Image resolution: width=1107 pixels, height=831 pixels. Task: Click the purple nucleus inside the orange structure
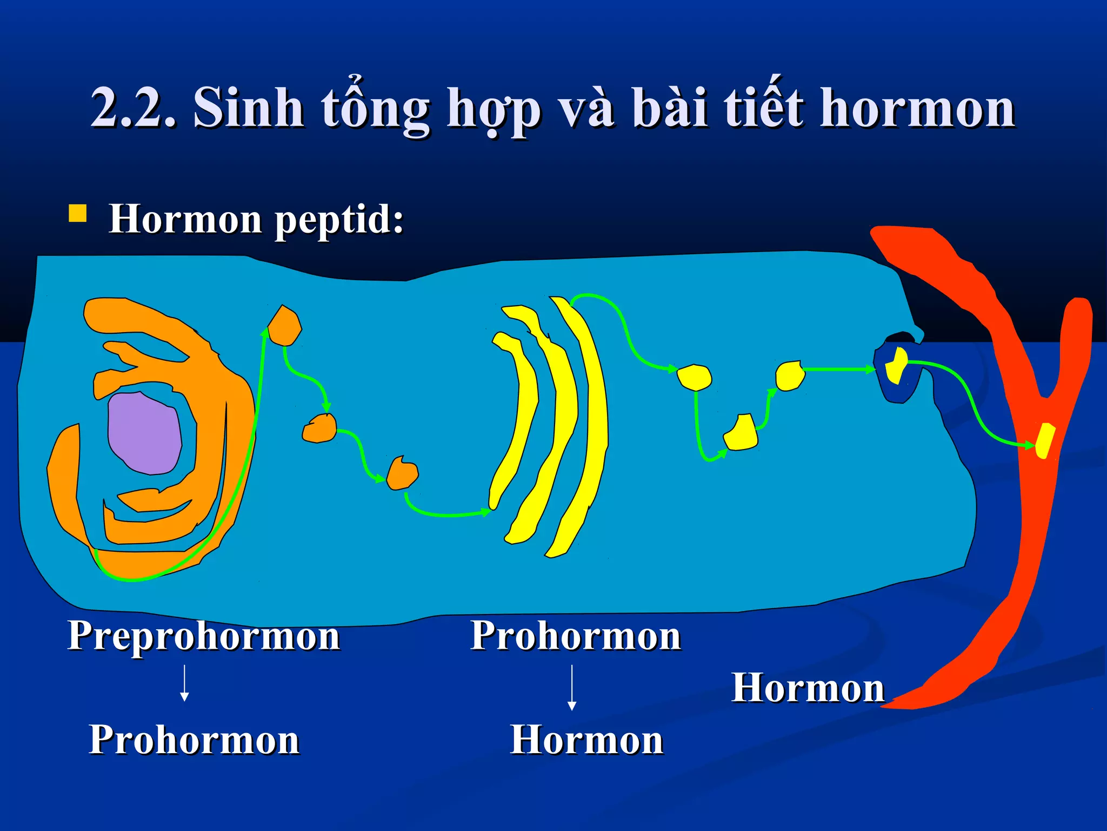[144, 433]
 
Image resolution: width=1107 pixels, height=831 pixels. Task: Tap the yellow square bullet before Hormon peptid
[78, 214]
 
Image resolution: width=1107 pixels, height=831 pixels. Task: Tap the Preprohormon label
[204, 636]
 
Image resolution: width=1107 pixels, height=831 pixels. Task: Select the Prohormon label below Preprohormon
[194, 740]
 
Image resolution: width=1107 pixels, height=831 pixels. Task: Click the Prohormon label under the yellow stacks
[576, 636]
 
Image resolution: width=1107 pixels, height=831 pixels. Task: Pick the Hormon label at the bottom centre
[587, 740]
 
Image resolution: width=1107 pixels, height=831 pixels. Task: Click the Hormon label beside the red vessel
[808, 688]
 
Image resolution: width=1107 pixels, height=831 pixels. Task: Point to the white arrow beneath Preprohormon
[185, 683]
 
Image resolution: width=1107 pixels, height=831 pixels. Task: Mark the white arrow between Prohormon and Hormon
[572, 687]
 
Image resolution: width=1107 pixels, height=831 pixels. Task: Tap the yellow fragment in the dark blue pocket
[896, 366]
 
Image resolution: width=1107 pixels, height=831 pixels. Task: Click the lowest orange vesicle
[403, 474]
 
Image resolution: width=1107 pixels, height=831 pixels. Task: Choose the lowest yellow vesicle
[741, 433]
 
